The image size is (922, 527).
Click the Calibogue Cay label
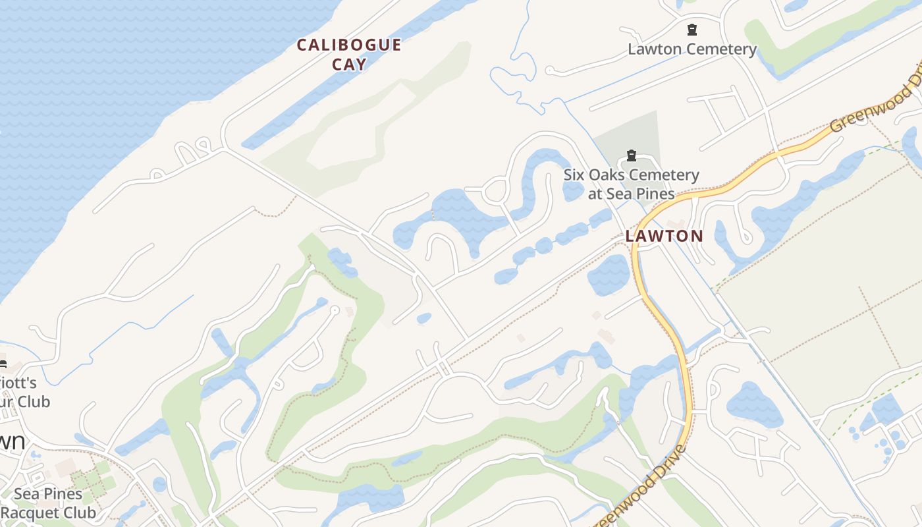(348, 54)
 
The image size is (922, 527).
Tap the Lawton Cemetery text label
(692, 49)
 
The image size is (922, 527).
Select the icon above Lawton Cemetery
(692, 30)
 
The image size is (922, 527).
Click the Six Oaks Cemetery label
(631, 184)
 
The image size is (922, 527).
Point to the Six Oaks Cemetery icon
(632, 156)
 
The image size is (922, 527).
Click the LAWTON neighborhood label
(664, 236)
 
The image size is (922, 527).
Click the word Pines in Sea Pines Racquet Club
(65, 494)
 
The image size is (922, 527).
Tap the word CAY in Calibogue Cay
(349, 64)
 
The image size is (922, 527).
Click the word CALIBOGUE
(348, 45)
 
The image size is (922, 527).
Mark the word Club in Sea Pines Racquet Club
(80, 513)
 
